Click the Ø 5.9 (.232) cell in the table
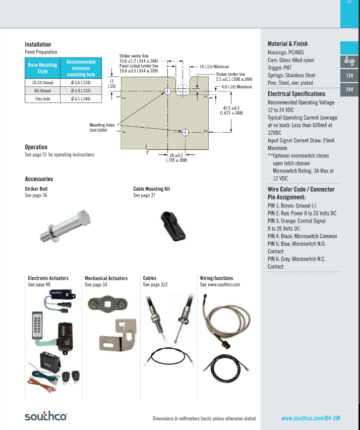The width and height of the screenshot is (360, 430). [81, 91]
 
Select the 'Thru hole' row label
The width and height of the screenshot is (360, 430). [42, 99]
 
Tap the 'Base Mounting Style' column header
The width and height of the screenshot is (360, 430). [42, 68]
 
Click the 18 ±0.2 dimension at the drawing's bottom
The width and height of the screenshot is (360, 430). [176, 155]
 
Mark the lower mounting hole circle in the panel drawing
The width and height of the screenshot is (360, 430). [185, 132]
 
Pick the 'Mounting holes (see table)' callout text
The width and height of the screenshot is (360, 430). [102, 128]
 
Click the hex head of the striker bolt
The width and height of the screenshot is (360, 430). [83, 219]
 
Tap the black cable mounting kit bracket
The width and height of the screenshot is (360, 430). [172, 226]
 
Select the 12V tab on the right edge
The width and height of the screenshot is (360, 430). [349, 76]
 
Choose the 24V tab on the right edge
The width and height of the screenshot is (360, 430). [349, 89]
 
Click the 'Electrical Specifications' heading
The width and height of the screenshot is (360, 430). [296, 94]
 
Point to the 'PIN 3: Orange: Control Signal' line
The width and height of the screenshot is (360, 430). [296, 221]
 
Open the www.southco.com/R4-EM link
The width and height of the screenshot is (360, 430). [311, 418]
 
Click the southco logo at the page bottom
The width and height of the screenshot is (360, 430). [46, 416]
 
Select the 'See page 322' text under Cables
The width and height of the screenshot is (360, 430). [155, 285]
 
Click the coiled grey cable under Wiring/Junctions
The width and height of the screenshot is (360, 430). [225, 321]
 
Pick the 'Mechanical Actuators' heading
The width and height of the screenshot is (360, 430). [106, 278]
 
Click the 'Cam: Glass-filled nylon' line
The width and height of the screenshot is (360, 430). [291, 60]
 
